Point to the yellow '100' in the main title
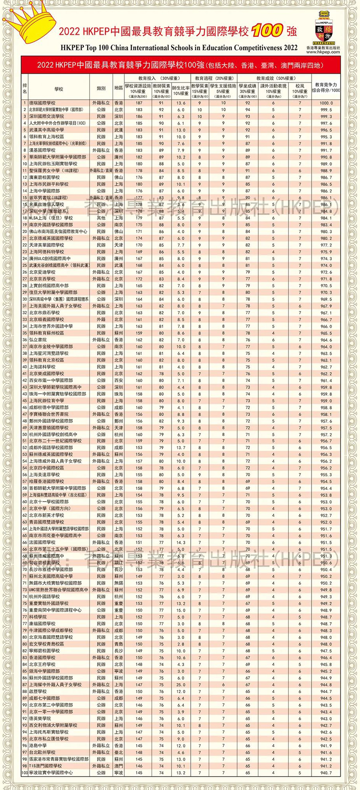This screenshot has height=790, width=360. tap(267, 30)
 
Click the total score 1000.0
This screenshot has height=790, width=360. tap(326, 103)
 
